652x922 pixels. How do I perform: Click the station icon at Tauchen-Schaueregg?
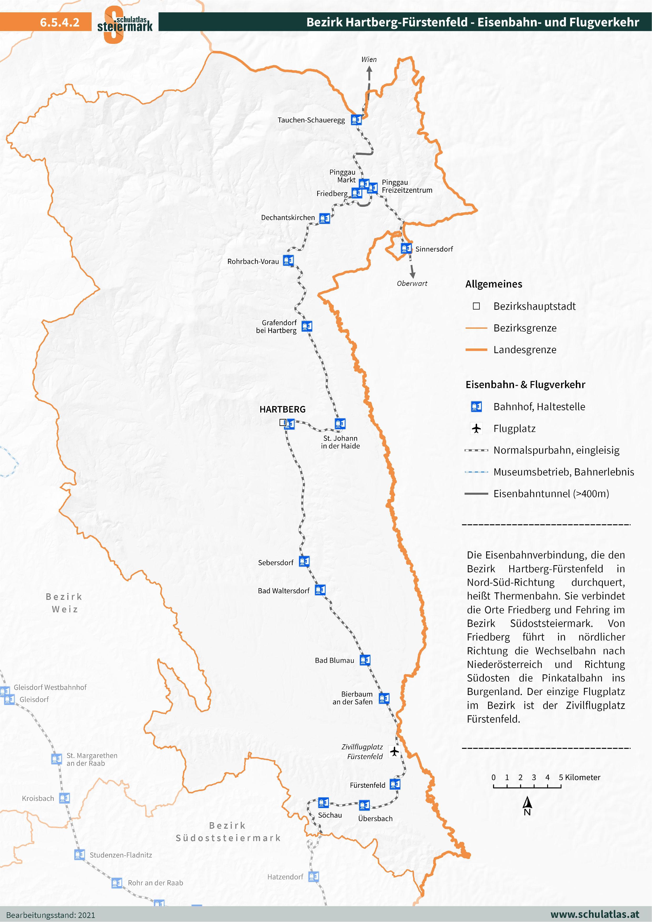pyautogui.click(x=356, y=120)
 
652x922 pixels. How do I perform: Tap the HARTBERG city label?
pyautogui.click(x=283, y=409)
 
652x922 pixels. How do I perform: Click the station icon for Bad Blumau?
pyautogui.click(x=365, y=660)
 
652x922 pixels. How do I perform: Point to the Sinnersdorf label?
pyautogui.click(x=434, y=249)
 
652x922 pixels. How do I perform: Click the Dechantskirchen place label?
pyautogui.click(x=288, y=218)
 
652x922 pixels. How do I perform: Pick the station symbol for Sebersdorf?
pyautogui.click(x=304, y=561)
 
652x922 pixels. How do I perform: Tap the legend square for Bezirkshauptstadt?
pyautogui.click(x=476, y=306)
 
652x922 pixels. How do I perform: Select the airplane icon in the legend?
pyautogui.click(x=476, y=429)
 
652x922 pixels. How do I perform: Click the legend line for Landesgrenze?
pyautogui.click(x=476, y=350)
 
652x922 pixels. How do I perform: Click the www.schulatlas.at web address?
pyautogui.click(x=594, y=914)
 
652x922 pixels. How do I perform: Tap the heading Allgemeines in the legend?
pyautogui.click(x=494, y=284)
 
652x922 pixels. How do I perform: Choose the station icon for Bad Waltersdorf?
pyautogui.click(x=320, y=590)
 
